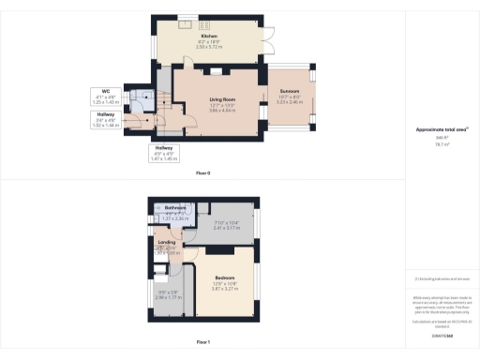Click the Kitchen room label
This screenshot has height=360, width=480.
(x=196, y=36)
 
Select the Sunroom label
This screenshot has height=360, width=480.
(x=288, y=91)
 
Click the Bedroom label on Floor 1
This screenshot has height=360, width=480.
(x=224, y=278)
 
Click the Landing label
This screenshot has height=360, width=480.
(x=168, y=242)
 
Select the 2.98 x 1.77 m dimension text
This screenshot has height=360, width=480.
(x=168, y=297)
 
